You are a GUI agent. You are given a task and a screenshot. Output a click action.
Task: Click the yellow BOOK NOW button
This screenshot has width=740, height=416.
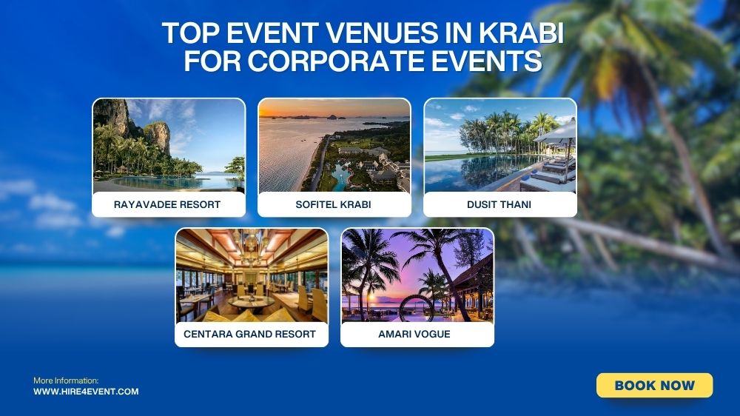[x=654, y=385]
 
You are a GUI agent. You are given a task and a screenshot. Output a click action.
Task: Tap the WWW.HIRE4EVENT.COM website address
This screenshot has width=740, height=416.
[x=86, y=392]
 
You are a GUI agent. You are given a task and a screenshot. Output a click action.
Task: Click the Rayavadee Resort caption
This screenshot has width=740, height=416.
[x=167, y=204]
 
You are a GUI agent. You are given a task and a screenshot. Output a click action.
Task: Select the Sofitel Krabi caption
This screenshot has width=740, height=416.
[x=334, y=204]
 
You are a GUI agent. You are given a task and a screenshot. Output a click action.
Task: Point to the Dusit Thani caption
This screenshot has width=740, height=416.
[x=500, y=204]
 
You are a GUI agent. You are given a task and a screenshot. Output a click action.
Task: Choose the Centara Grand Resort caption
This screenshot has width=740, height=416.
[x=250, y=334]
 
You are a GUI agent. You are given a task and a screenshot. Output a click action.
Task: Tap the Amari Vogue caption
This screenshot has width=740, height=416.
[x=417, y=334]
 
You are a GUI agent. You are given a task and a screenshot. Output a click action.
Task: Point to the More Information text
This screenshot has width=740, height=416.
[x=66, y=380]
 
